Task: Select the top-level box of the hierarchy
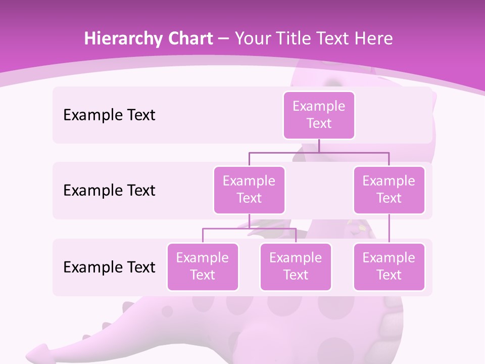coord(319,115)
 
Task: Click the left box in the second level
coord(249,190)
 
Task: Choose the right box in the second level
coord(389,190)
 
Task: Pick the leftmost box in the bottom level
coord(203,266)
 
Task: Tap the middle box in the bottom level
coord(296,266)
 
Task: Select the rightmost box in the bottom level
coord(389,266)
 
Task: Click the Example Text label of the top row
coord(109,115)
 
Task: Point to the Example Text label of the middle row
coord(109,190)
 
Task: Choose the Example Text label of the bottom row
coord(109,267)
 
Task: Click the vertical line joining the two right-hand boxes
coord(389,229)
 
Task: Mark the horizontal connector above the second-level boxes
coord(319,152)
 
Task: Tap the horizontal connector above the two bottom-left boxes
coord(249,229)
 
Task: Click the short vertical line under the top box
coord(319,146)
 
